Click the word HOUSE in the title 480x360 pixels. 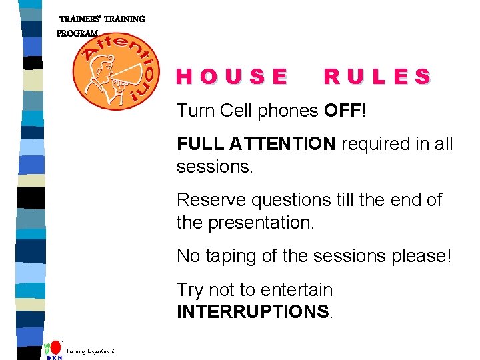(232, 77)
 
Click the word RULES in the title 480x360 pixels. (377, 77)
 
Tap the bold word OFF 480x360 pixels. (341, 110)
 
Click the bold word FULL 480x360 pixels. (200, 143)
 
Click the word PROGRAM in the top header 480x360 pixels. (77, 33)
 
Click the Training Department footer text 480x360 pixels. (90, 351)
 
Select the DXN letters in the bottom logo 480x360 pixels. (54, 357)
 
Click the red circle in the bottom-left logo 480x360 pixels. (56, 347)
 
